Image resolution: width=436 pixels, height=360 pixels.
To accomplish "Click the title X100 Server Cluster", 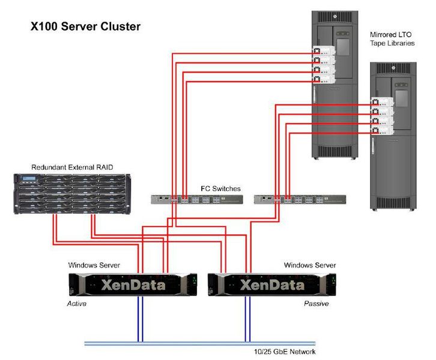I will [85, 27].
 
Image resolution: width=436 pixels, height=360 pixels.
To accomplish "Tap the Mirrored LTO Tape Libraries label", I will [392, 38].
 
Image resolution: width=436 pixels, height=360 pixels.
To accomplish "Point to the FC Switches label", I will [220, 188].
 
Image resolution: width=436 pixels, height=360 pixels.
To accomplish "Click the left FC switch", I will [196, 199].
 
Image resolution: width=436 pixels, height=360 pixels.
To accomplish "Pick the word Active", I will [76, 304].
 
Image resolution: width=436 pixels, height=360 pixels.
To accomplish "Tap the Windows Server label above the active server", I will [94, 265].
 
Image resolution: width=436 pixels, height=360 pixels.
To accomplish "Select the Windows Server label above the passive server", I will [310, 265].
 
